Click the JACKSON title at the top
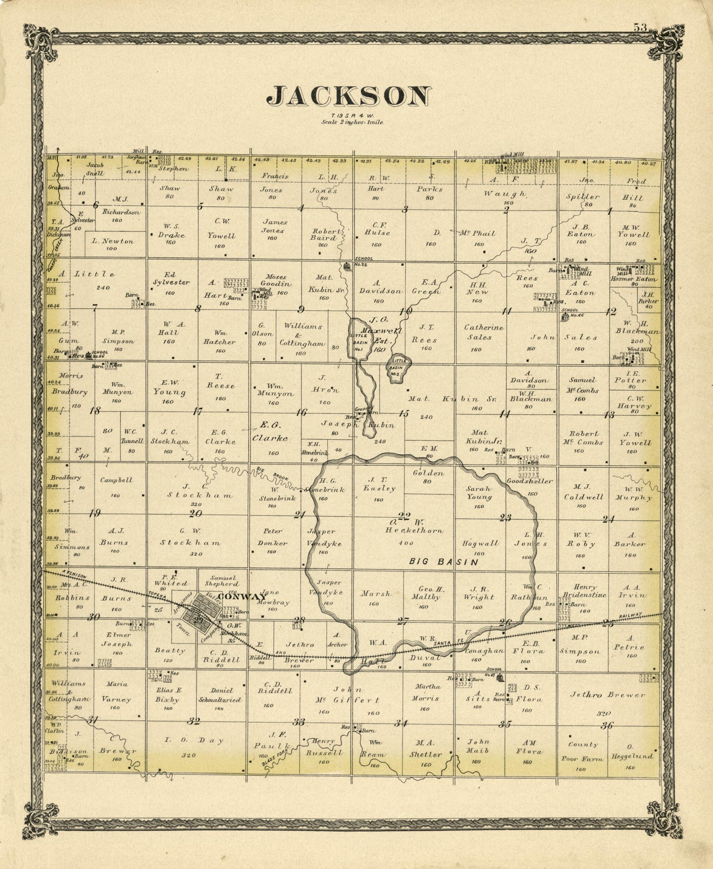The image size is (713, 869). pos(349,96)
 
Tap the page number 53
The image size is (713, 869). pos(640,27)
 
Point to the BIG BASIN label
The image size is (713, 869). pos(444,562)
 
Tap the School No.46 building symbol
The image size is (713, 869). pos(565,316)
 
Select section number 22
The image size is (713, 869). pos(404,516)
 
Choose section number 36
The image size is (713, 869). pos(607,726)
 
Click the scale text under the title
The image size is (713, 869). pos(352,122)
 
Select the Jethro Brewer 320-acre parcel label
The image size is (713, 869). pos(607,695)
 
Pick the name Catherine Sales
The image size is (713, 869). pos(478,332)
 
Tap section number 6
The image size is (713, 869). pos(96,205)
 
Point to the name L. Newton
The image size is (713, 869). pos(112,241)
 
